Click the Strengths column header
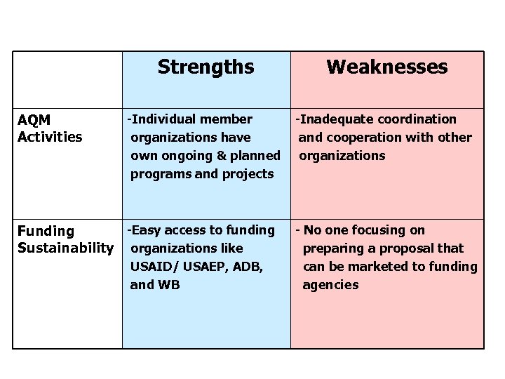(x=206, y=67)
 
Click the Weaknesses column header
(x=386, y=67)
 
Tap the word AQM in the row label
(x=34, y=120)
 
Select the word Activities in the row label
(x=50, y=137)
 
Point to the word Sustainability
(x=65, y=248)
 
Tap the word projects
(x=248, y=174)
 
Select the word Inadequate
(x=332, y=119)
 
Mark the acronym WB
(x=168, y=285)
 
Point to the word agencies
(x=330, y=285)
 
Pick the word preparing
(x=331, y=248)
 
